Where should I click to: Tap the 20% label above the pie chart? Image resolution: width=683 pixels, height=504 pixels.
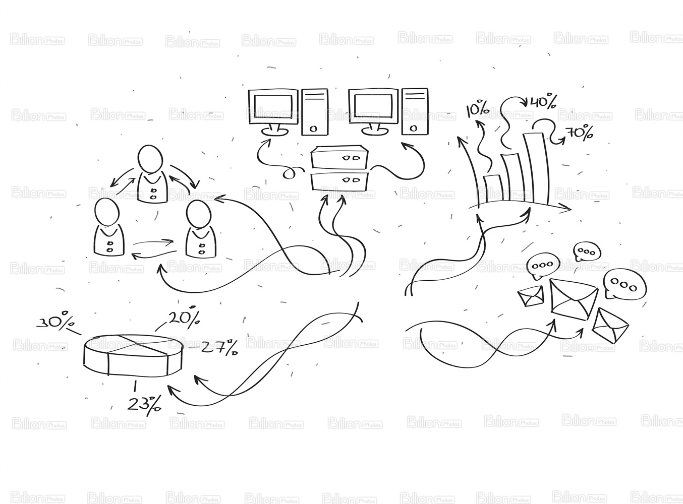[x=184, y=317]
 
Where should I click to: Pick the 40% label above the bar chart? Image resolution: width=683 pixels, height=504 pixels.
[x=543, y=102]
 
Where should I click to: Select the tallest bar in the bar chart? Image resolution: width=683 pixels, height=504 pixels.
[x=536, y=169]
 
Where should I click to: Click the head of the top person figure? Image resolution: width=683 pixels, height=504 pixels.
[x=150, y=159]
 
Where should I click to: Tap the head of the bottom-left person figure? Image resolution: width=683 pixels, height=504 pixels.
[x=106, y=212]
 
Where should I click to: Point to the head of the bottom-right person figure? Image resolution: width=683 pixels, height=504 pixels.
[x=199, y=214]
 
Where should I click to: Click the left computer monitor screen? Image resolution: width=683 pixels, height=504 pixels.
[x=273, y=106]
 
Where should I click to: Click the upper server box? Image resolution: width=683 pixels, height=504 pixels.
[x=339, y=157]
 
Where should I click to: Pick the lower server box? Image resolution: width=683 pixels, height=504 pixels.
[x=339, y=181]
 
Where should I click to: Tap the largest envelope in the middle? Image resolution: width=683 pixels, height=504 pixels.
[x=574, y=299]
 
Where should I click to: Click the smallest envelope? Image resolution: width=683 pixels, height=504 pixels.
[x=531, y=296]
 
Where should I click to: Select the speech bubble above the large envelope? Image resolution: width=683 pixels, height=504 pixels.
[x=543, y=265]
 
